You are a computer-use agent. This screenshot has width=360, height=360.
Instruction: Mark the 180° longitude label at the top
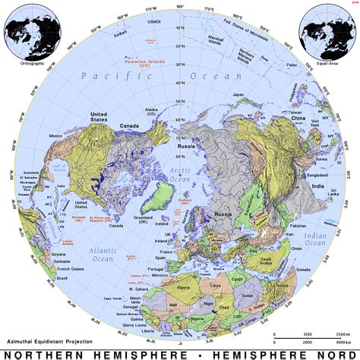coord(180,5)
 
